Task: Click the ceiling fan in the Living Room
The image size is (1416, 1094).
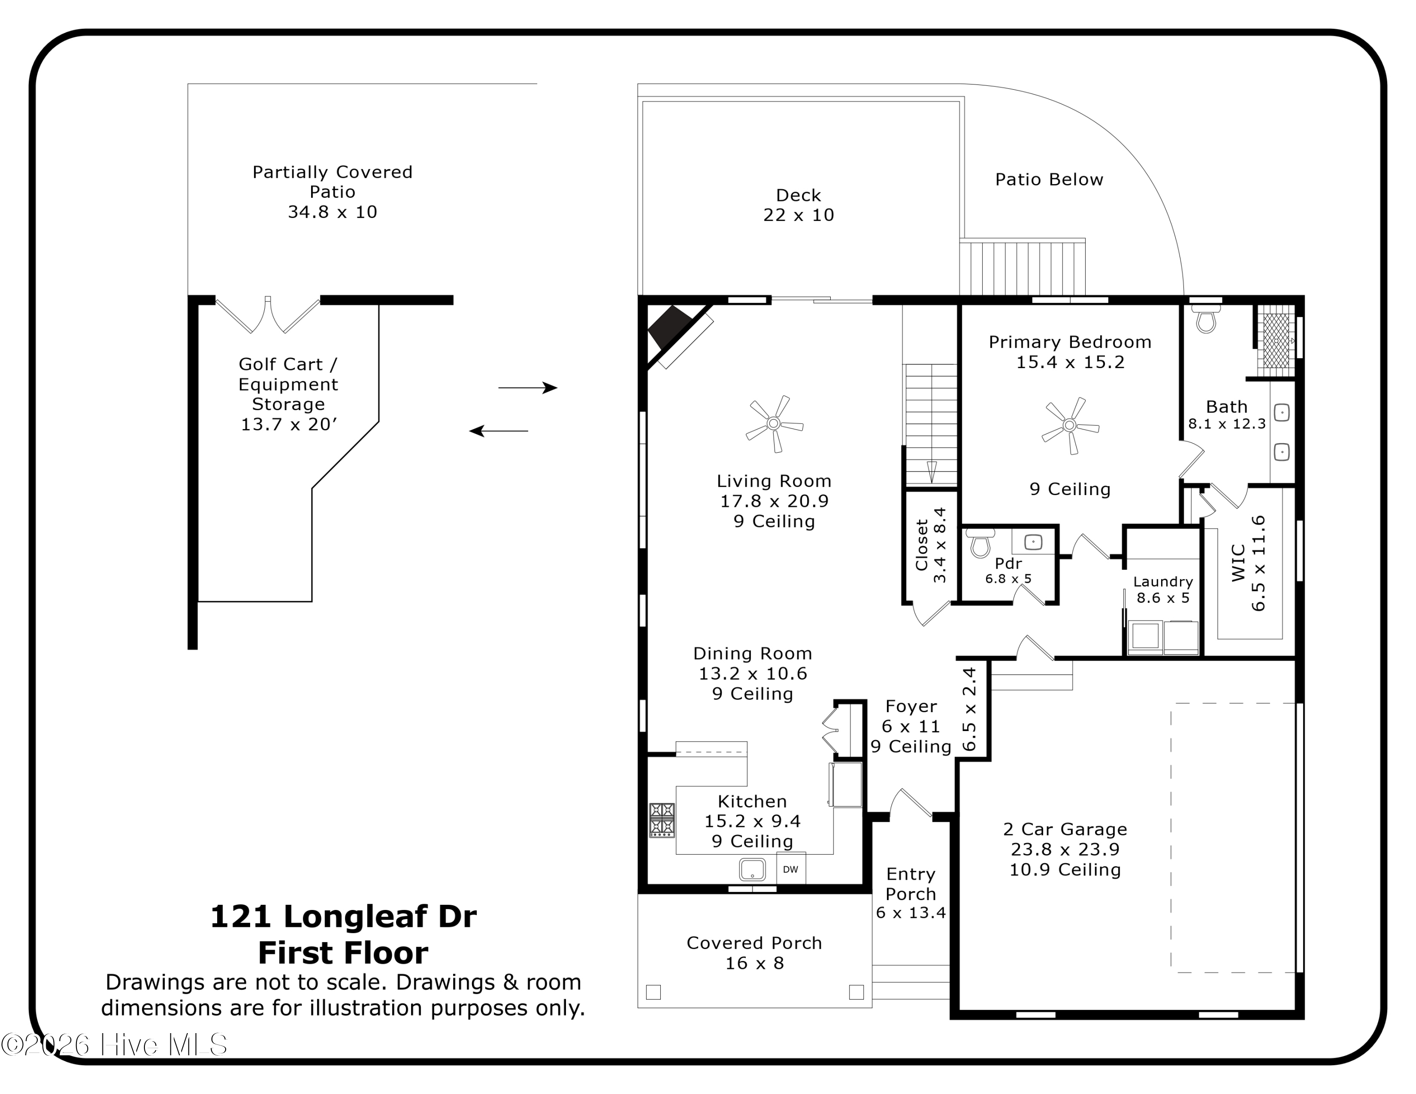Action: (x=774, y=424)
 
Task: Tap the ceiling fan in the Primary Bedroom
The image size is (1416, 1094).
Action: (x=1069, y=426)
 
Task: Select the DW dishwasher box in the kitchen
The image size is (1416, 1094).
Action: (x=790, y=869)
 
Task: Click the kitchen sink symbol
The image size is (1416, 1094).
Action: (x=752, y=869)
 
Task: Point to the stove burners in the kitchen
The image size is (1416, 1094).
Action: (x=662, y=820)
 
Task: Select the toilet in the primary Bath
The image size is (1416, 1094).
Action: (x=1206, y=320)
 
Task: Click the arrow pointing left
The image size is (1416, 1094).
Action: (x=498, y=431)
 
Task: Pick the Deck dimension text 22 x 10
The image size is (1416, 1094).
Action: (x=798, y=215)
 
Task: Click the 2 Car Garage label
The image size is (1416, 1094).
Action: (x=1064, y=829)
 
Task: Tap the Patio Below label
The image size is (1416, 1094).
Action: (x=1048, y=179)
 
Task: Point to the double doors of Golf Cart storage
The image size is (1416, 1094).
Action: (x=267, y=316)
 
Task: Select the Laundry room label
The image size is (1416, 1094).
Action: (x=1163, y=581)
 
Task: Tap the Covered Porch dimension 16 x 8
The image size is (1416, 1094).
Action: (x=754, y=963)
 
